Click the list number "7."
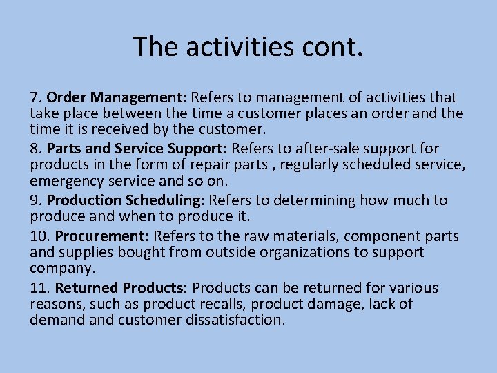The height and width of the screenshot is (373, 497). click(37, 97)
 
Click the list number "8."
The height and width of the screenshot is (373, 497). click(37, 149)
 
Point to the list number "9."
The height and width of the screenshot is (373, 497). click(37, 200)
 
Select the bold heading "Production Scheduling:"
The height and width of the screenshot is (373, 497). click(126, 200)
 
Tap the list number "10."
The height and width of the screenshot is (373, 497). click(40, 236)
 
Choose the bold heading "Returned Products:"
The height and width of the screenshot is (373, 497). click(121, 288)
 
